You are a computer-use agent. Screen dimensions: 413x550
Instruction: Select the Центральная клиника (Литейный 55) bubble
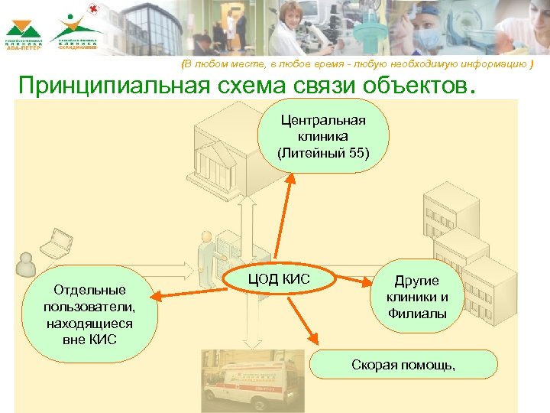(x=323, y=136)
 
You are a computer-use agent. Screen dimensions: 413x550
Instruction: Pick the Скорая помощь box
(x=403, y=365)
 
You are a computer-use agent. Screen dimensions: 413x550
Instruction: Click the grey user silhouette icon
(x=25, y=265)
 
